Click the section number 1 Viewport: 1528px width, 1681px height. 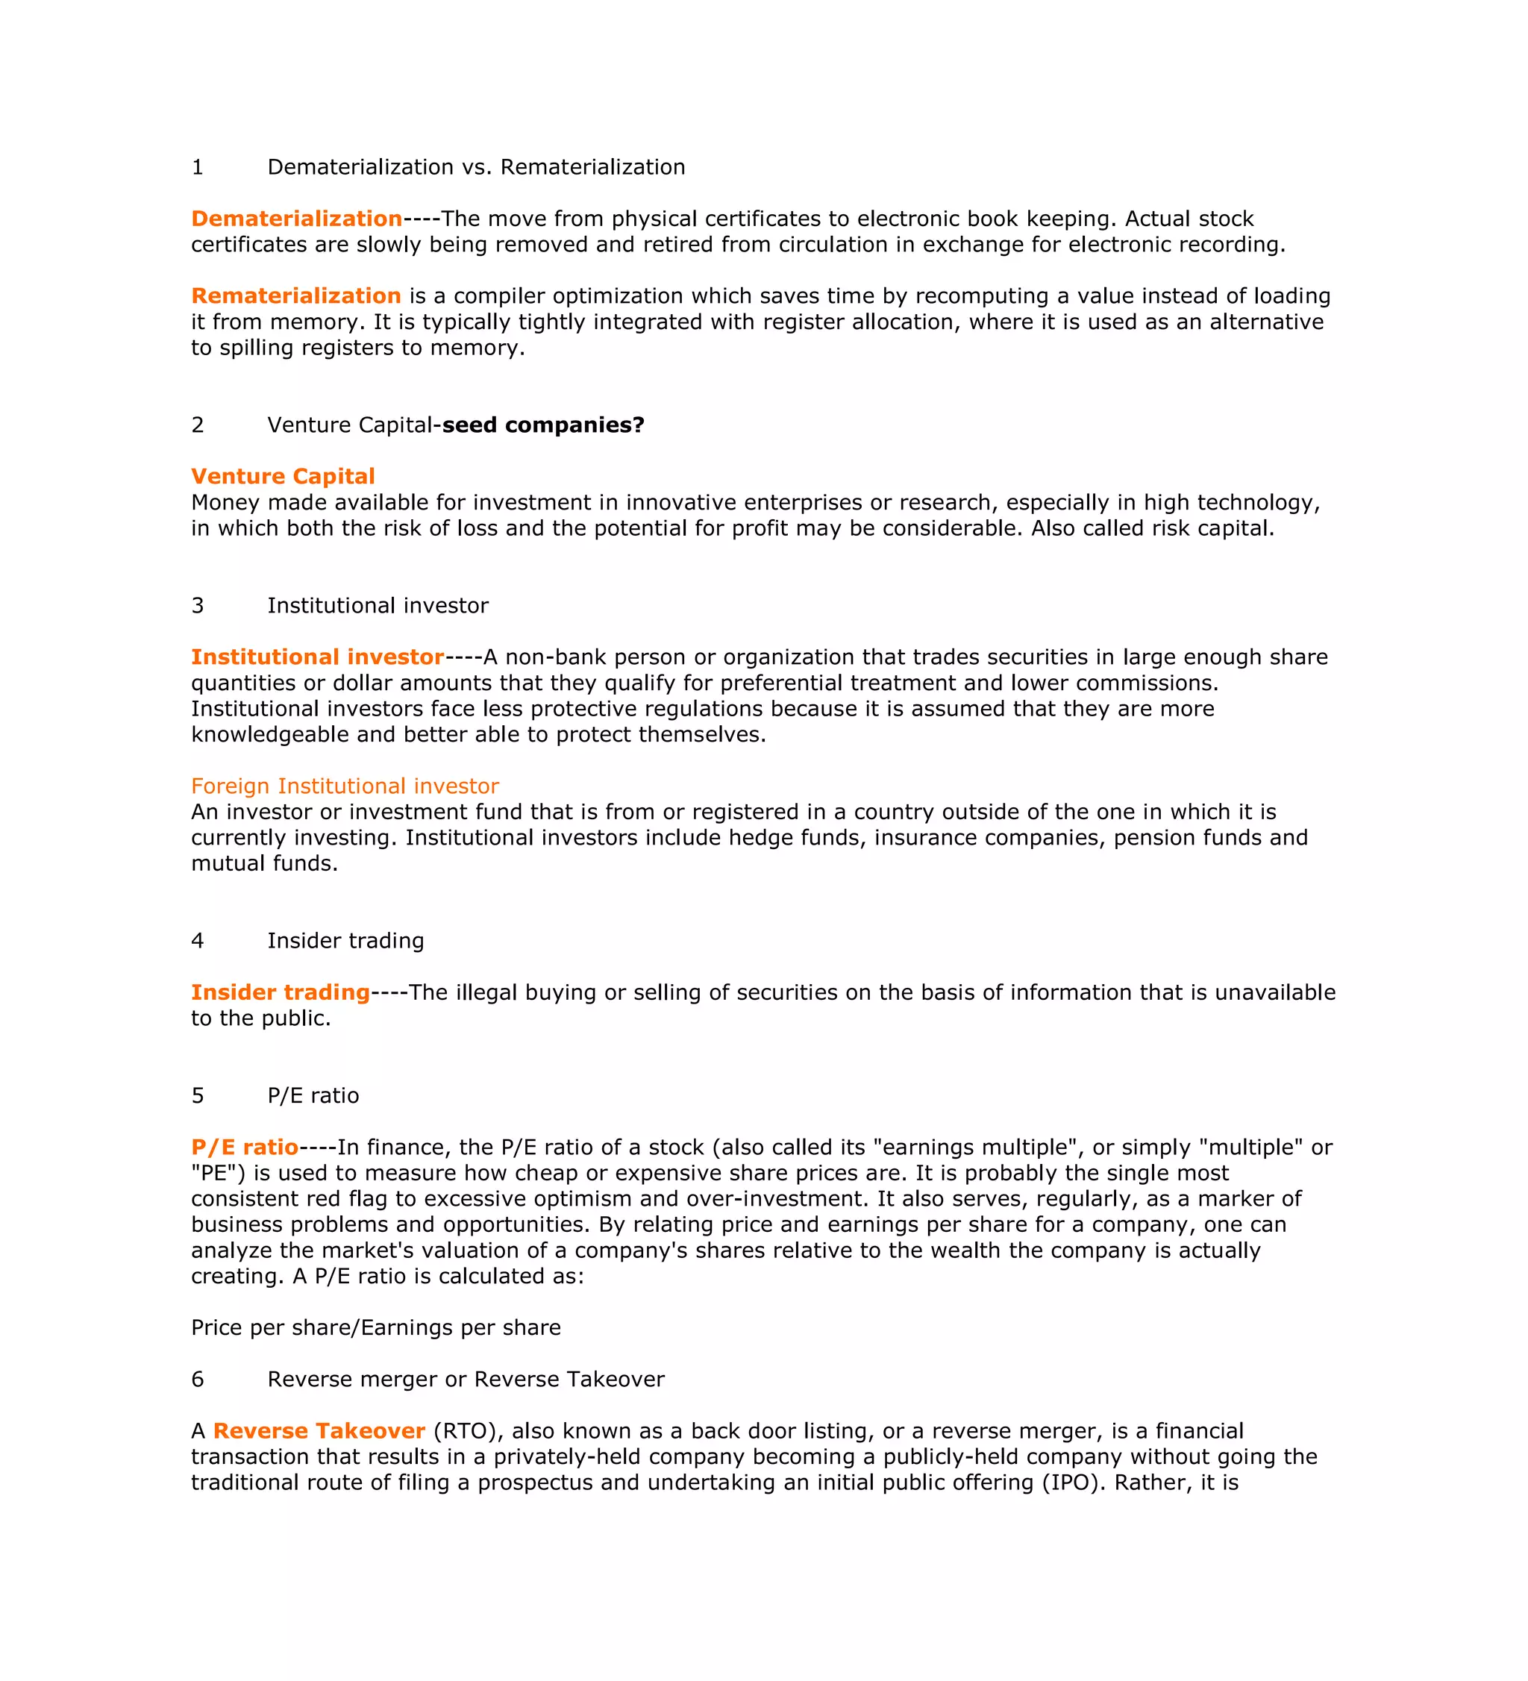[x=198, y=168]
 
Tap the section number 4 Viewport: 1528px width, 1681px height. [x=198, y=942]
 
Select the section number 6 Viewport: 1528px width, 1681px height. [x=198, y=1380]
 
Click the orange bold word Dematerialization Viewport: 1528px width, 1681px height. [x=297, y=219]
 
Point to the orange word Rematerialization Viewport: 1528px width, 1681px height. [x=296, y=297]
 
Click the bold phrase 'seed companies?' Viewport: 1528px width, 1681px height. [x=542, y=425]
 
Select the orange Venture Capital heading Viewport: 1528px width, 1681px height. [x=283, y=477]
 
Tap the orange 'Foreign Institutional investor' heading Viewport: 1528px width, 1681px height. [x=345, y=786]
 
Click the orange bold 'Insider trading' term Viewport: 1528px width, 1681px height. [x=280, y=992]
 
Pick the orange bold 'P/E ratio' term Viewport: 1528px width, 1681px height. [x=244, y=1148]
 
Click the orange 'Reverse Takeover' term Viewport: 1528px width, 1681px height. [x=319, y=1431]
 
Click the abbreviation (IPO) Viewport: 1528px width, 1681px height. [x=1074, y=1483]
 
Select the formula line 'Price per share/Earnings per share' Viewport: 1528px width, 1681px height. [x=376, y=1327]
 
